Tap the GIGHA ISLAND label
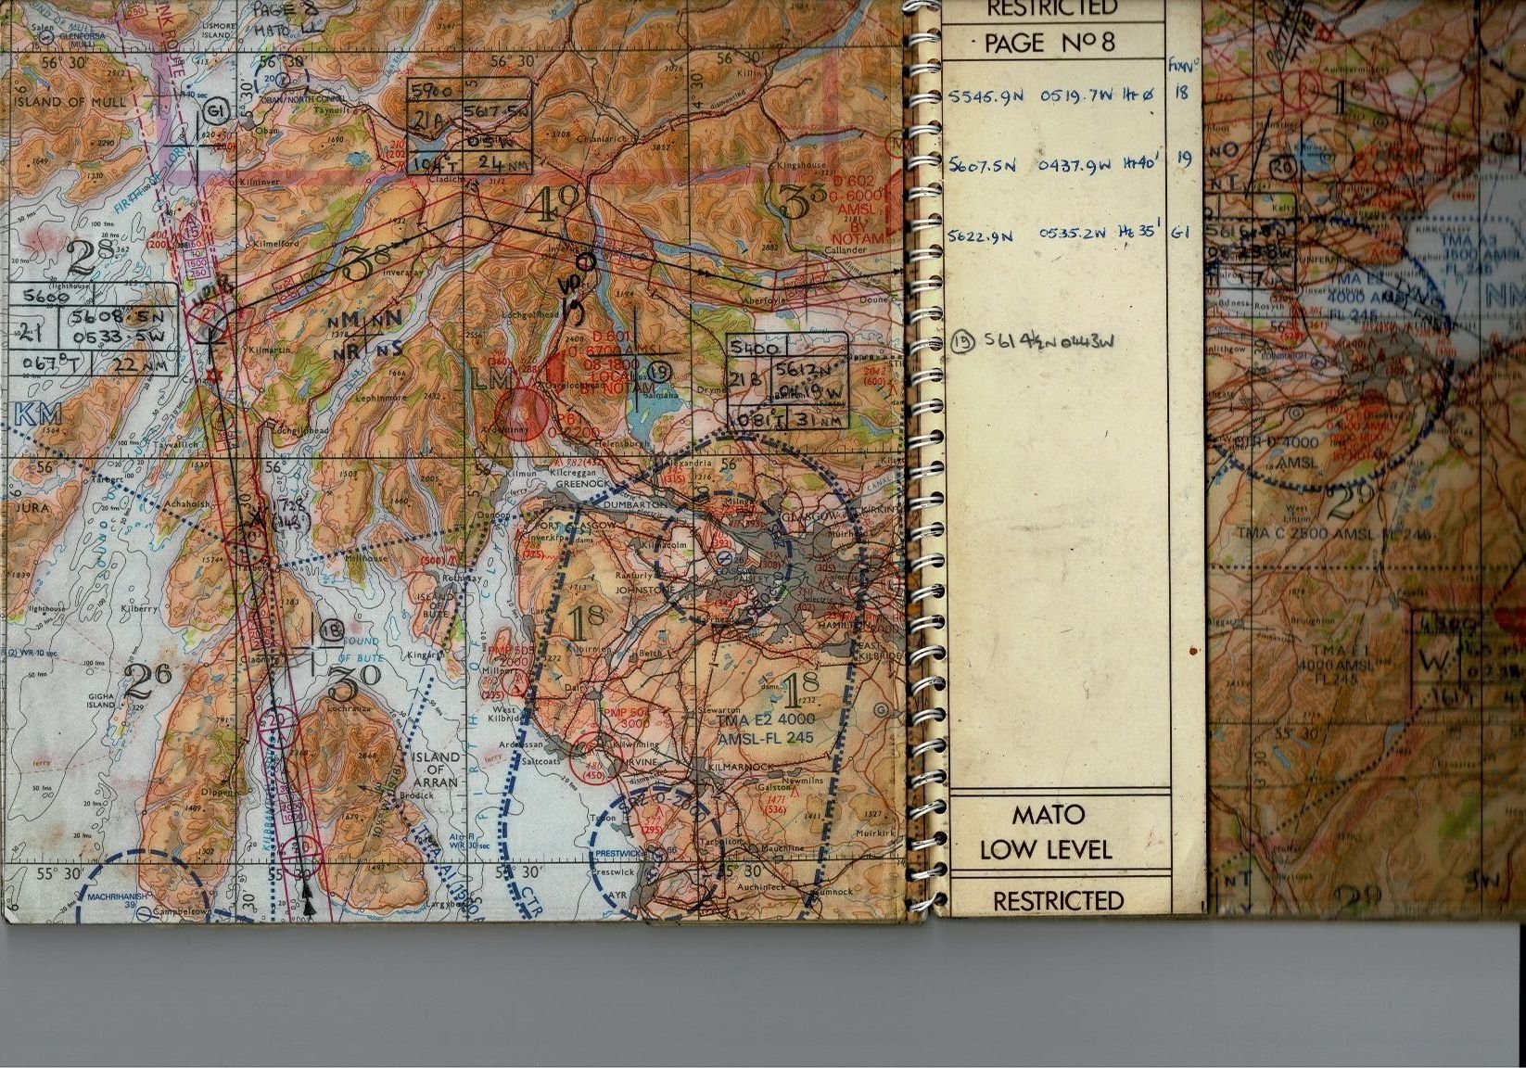[x=101, y=700]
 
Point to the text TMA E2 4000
[x=767, y=719]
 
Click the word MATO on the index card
[x=1048, y=815]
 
